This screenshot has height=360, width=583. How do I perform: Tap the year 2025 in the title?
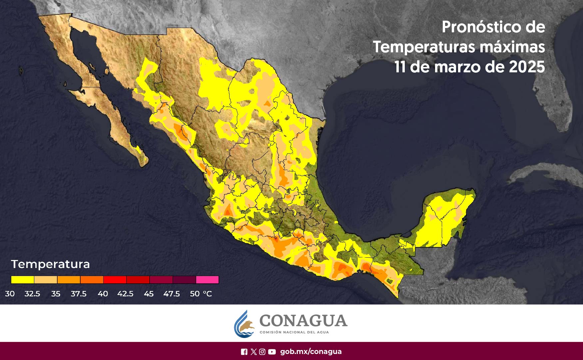(527, 67)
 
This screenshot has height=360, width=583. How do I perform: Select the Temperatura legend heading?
(50, 264)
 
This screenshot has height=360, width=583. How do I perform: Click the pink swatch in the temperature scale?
(207, 280)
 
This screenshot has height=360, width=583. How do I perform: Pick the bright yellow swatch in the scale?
(22, 280)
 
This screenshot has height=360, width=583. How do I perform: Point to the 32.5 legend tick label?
(32, 294)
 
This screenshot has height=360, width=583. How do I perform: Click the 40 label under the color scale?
(103, 294)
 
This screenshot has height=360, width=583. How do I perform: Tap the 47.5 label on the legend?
(171, 294)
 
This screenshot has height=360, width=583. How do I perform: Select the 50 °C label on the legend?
(201, 294)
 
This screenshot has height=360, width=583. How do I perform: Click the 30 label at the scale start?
(10, 294)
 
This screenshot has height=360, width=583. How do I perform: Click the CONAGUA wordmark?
(303, 321)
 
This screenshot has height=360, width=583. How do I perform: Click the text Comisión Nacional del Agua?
(294, 332)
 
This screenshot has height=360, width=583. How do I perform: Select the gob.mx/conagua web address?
(311, 352)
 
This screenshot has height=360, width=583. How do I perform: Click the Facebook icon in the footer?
(244, 352)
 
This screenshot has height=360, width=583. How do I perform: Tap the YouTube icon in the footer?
(272, 352)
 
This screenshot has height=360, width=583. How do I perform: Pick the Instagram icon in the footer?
(262, 352)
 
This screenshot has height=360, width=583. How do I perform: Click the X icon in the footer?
(254, 352)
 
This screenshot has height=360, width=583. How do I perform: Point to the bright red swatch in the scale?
(115, 280)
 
